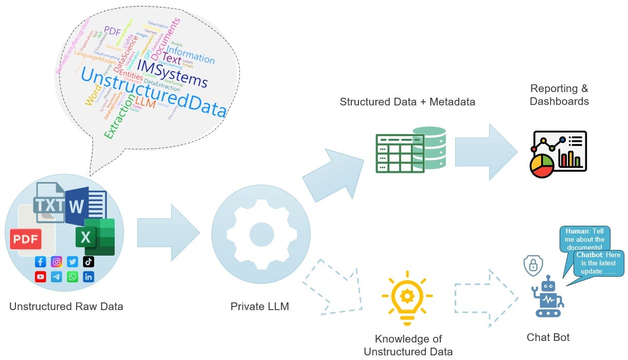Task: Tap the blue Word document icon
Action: pyautogui.click(x=86, y=206)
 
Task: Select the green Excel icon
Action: pyautogui.click(x=95, y=237)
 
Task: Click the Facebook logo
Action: pyautogui.click(x=41, y=262)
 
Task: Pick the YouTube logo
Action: pyautogui.click(x=41, y=277)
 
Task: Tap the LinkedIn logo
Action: pyautogui.click(x=88, y=277)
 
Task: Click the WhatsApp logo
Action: pyautogui.click(x=73, y=277)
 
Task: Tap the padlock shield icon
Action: pyautogui.click(x=533, y=266)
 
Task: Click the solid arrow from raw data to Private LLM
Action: pyautogui.click(x=168, y=232)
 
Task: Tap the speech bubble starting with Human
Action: pyautogui.click(x=584, y=239)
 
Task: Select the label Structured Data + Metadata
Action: pyautogui.click(x=407, y=102)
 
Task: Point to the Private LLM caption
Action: pyautogui.click(x=260, y=307)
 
